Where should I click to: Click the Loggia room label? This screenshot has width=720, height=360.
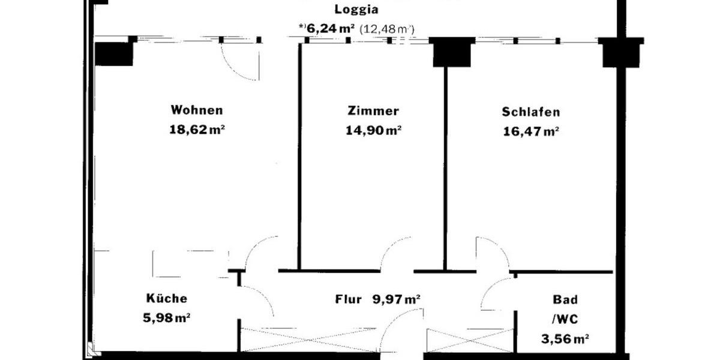356,9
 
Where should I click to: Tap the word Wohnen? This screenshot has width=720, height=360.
197,110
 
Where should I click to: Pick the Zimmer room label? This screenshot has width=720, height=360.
373,111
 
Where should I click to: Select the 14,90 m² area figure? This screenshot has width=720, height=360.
373,130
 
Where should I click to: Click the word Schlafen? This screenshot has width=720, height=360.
531,112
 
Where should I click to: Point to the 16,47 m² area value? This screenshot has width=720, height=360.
531,131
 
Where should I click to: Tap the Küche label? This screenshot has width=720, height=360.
167,299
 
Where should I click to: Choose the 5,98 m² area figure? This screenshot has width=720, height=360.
167,317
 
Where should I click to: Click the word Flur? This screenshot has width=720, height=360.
348,299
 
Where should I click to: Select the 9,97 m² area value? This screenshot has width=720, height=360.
396,299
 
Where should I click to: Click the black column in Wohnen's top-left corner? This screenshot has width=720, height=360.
114,53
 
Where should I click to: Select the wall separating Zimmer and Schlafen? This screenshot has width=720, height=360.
446,168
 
